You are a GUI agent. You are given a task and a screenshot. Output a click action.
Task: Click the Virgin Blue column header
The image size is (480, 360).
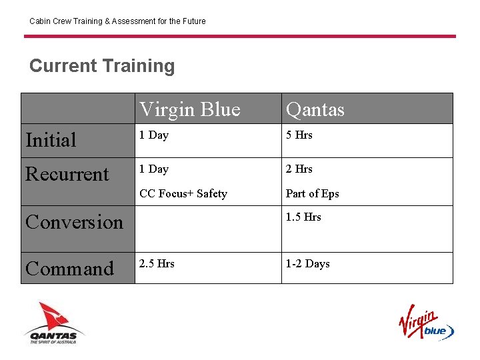pos(189,109)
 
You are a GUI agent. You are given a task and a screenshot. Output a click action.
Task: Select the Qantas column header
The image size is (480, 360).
pos(315,109)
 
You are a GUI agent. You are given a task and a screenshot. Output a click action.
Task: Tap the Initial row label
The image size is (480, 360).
pos(51,140)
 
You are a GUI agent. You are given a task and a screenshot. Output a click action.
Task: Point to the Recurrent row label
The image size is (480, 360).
pos(67,174)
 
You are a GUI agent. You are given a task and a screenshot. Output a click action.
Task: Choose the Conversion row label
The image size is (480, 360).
pos(74,222)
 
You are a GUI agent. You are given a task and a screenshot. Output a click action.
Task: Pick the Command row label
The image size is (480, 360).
pos(69,269)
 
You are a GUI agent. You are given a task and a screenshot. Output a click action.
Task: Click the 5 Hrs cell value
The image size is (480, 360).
pos(299,135)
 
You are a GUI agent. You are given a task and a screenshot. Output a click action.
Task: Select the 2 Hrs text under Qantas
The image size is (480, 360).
pos(299,169)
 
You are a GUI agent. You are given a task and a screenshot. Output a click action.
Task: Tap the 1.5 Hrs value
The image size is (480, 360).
pos(303,217)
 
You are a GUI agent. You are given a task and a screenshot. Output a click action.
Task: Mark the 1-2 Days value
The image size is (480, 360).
pos(307,264)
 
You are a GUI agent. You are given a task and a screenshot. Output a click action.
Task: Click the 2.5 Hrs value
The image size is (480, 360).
pos(157,264)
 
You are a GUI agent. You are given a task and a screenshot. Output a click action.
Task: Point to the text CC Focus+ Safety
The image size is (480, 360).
pos(183,194)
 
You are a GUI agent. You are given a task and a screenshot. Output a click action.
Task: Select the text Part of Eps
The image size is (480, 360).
pos(312,194)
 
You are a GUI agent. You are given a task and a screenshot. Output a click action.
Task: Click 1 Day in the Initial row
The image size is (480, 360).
pos(154,135)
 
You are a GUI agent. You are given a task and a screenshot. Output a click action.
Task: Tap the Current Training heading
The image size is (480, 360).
pos(102,66)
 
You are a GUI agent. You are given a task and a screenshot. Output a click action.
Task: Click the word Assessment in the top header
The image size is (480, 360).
pos(130,21)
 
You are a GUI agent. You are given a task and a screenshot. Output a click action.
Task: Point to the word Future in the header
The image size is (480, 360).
pos(193,21)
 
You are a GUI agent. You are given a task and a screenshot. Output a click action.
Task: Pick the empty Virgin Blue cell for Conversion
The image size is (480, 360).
pos(208,229)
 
